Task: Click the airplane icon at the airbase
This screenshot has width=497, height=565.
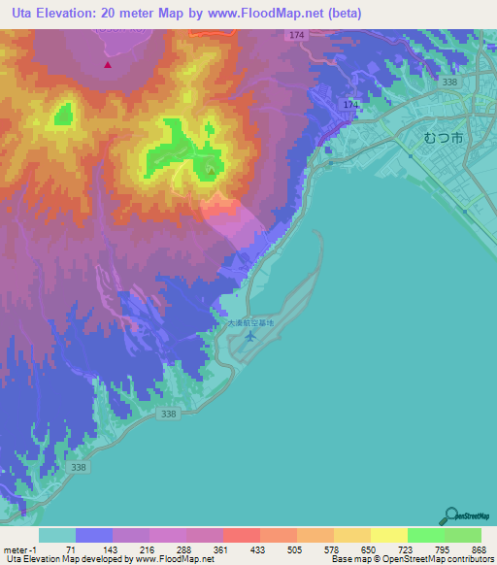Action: (x=251, y=336)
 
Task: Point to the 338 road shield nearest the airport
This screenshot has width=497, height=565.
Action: (x=170, y=415)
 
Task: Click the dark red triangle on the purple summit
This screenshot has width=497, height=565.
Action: (x=107, y=65)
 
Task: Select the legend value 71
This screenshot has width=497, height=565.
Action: (x=70, y=549)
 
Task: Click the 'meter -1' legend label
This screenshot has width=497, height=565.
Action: (x=21, y=549)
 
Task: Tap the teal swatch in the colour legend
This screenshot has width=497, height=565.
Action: (x=57, y=535)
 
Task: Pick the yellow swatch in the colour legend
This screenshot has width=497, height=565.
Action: (x=388, y=535)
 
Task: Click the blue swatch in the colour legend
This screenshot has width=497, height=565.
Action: (x=94, y=535)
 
